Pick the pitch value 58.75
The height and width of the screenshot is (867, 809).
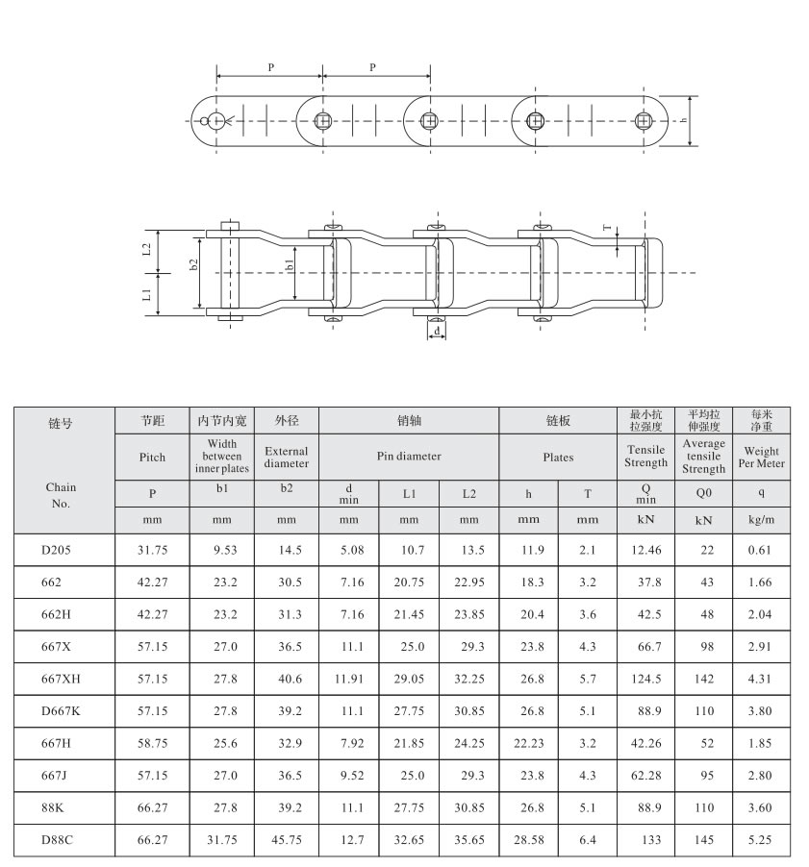point(153,743)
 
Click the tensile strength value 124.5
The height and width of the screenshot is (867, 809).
point(645,679)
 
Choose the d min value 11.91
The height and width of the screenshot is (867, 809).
point(347,679)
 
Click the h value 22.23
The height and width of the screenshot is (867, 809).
point(527,743)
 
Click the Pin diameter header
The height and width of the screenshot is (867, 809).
point(409,457)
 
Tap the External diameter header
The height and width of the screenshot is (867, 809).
point(286,457)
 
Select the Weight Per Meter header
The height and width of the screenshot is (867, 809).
point(761,457)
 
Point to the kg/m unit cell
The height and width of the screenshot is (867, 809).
point(761,519)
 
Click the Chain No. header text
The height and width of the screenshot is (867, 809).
point(62,494)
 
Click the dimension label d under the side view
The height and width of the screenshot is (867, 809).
point(438,331)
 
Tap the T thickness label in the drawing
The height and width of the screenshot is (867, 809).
point(606,229)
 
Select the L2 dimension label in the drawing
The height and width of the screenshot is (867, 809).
point(146,248)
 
